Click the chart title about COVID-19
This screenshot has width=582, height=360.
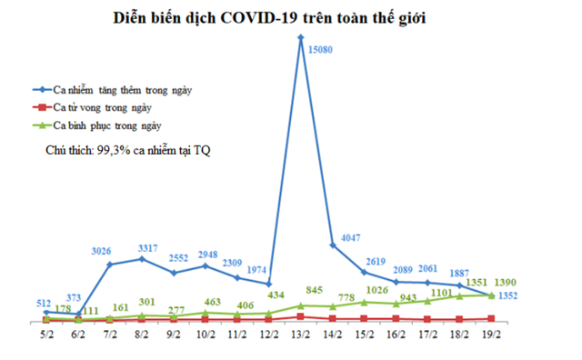click(290, 17)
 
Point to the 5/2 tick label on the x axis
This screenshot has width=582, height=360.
click(46, 335)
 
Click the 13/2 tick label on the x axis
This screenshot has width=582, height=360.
click(300, 335)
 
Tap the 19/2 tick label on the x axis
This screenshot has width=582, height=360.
click(491, 335)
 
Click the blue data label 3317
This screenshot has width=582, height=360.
click(144, 247)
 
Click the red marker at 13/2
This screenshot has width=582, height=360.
click(300, 316)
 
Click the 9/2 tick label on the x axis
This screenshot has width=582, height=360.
click(173, 335)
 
